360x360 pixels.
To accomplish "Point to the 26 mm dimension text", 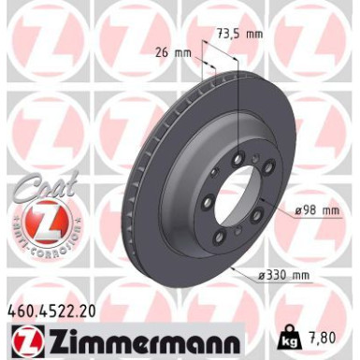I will coord(170,53).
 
